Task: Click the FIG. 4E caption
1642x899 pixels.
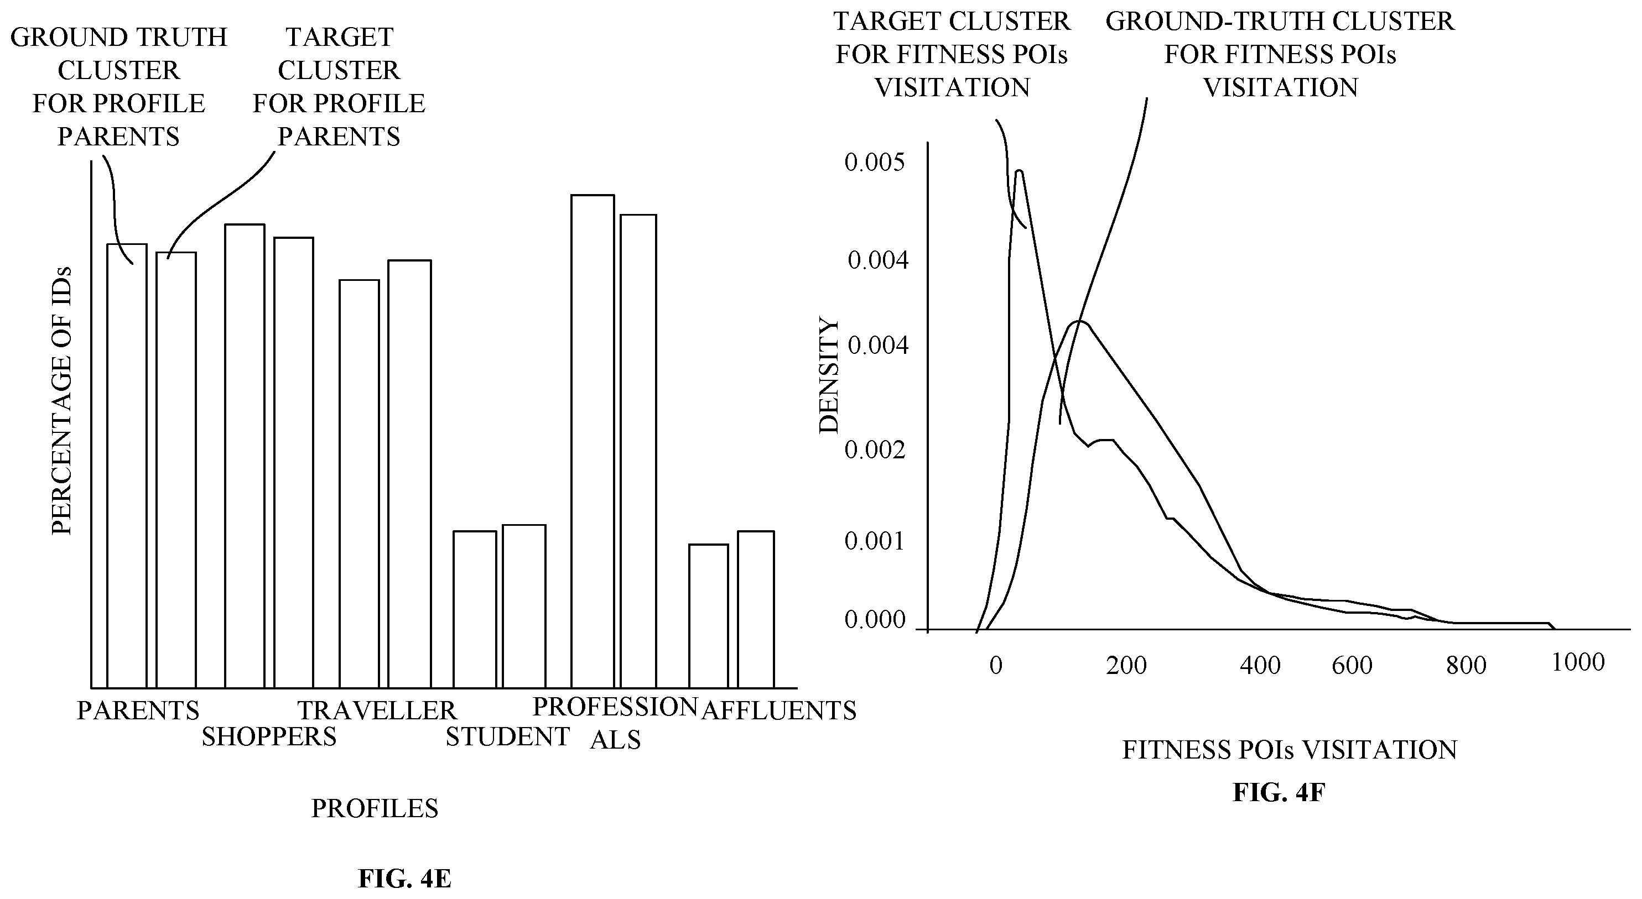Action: (405, 879)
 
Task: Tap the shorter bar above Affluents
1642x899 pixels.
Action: (709, 616)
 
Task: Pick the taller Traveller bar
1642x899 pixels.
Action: (410, 474)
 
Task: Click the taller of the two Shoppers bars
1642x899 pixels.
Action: (245, 456)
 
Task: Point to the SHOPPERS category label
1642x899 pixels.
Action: (269, 736)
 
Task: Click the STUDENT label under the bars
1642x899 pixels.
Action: (507, 736)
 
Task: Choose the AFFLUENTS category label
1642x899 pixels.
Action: (778, 710)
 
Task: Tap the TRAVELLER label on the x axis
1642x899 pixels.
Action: (377, 710)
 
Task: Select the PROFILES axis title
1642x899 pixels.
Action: (375, 808)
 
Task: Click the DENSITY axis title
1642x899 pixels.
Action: (829, 376)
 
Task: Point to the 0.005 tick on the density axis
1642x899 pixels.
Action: (875, 162)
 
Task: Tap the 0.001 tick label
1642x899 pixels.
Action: (875, 541)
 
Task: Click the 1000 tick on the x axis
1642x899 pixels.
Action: (1578, 662)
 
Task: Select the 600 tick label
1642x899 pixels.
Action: (1352, 665)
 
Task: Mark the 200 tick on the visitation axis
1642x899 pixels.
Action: (1126, 665)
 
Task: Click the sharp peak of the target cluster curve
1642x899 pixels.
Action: (1019, 171)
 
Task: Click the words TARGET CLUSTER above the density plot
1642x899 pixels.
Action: (952, 22)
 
